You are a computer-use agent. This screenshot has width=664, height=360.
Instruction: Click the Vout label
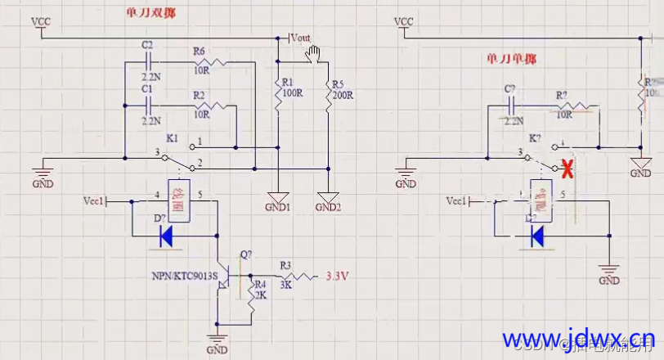301,38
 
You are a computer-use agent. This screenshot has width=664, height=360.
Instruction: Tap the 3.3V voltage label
338,277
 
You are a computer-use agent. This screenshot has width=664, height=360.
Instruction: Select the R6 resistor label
200,51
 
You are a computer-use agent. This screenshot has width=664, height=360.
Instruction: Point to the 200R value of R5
342,95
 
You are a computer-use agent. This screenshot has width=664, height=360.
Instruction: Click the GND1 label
278,207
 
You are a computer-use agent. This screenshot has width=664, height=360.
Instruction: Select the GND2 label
328,207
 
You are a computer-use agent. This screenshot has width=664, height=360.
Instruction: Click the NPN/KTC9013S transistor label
184,277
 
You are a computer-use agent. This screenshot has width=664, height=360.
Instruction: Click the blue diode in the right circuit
537,236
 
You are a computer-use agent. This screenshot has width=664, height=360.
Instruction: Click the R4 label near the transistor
261,285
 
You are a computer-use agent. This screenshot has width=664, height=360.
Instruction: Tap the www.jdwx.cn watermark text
577,338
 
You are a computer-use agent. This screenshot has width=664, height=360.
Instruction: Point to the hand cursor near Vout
312,55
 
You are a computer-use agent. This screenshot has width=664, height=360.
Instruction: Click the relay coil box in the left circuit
179,198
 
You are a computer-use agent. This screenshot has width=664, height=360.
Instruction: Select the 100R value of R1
293,94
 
